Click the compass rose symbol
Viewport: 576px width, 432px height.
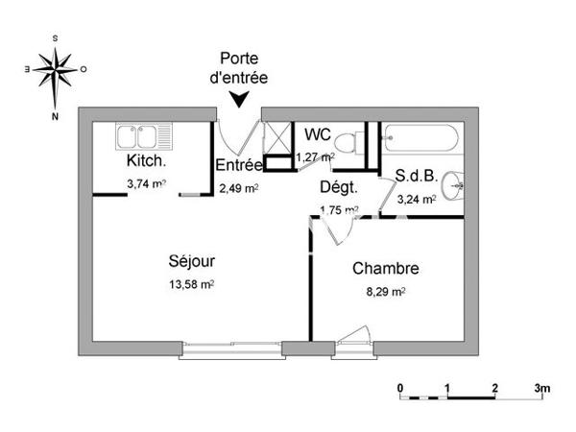pos(55,69)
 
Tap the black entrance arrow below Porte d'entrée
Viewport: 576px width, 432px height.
pos(238,97)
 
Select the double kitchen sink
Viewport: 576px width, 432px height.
pos(142,137)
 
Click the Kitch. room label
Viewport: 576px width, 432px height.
pos(146,161)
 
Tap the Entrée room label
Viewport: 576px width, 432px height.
pos(239,165)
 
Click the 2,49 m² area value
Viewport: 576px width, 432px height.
pos(238,188)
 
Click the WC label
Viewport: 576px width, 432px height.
pos(318,133)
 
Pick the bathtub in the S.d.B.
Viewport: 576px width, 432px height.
pos(422,140)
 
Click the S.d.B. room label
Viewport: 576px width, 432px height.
pos(417,177)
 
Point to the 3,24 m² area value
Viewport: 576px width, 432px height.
pos(418,200)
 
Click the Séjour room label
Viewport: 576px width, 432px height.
pos(191,260)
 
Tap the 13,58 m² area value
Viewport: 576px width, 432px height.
pos(191,284)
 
